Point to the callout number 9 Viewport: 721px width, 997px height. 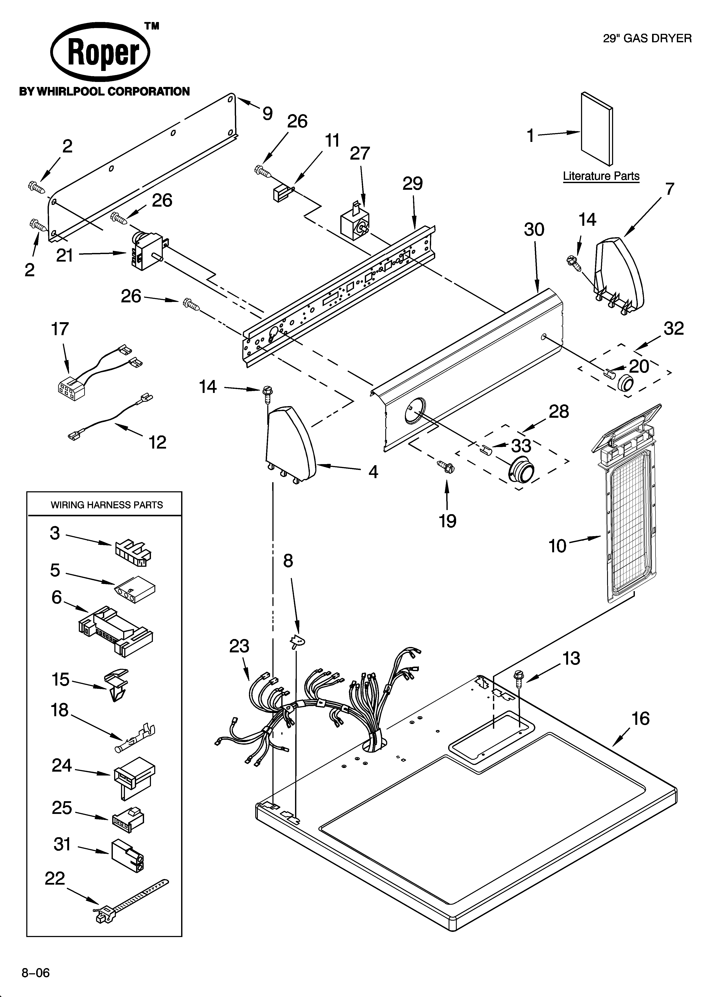(267, 114)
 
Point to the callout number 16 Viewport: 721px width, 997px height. (640, 719)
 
